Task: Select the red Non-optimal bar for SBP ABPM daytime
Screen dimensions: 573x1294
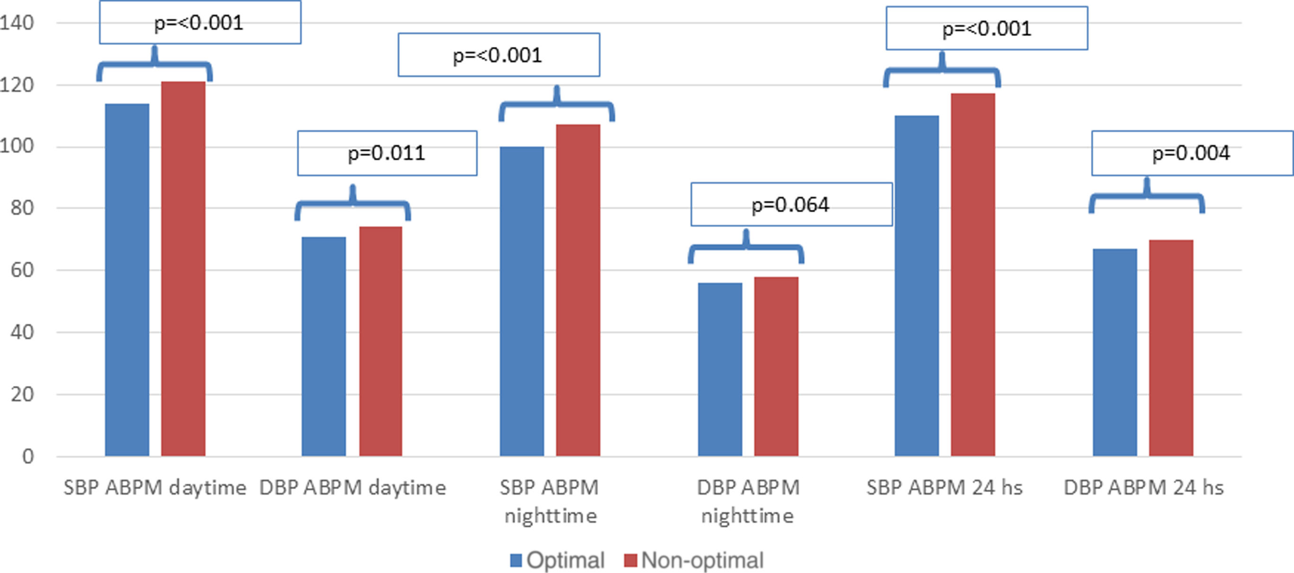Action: tap(183, 269)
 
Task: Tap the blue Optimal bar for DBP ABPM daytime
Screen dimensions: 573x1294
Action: tap(324, 347)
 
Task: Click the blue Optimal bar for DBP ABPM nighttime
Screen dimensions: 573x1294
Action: tap(720, 369)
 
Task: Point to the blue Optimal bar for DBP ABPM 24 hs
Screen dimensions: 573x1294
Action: tap(1115, 352)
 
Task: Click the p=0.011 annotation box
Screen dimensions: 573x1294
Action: tap(387, 153)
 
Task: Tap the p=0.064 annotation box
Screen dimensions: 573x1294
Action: tap(791, 205)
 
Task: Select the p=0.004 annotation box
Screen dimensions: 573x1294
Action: tap(1192, 153)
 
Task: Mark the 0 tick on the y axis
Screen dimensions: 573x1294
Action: tap(27, 457)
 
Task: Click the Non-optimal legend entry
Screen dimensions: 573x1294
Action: tap(693, 560)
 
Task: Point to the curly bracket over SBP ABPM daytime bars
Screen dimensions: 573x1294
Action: tap(155, 65)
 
